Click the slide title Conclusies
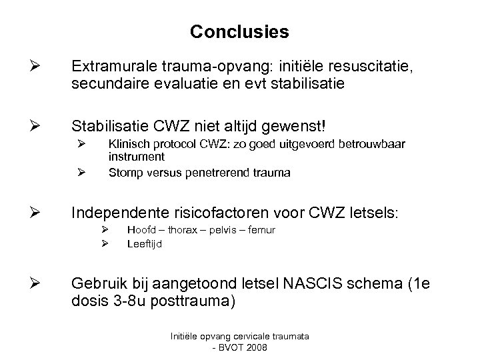[x=239, y=31]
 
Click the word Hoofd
[x=141, y=230]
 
